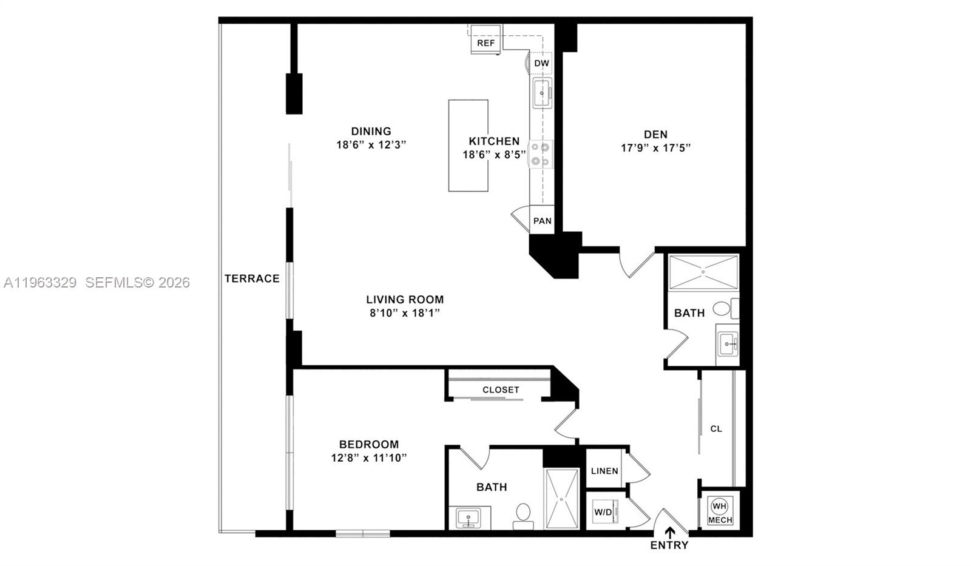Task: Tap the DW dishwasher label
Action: [541, 63]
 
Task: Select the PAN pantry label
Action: [542, 221]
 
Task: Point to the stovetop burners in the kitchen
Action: [540, 154]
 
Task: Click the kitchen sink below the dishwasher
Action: [542, 93]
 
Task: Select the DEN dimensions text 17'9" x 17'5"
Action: [655, 147]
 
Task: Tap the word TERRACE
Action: [252, 278]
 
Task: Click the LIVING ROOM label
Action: [405, 299]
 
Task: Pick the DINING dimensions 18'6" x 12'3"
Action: [371, 145]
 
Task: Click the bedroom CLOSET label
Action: [501, 389]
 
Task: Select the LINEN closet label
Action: [604, 471]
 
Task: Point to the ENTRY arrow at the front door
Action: [670, 533]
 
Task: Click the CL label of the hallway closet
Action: [716, 429]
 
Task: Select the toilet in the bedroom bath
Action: [523, 514]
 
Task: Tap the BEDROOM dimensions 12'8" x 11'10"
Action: [368, 458]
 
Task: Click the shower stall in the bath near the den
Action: [703, 272]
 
